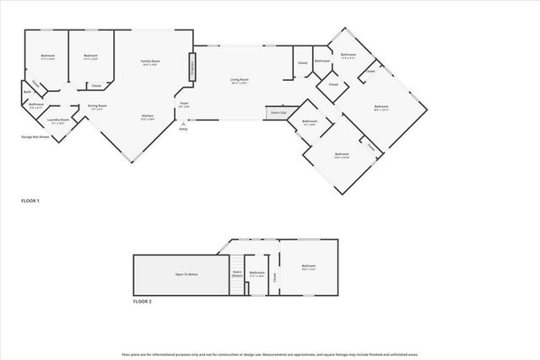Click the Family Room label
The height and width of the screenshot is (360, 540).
[x=150, y=62]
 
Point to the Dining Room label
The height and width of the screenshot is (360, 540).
[x=97, y=106]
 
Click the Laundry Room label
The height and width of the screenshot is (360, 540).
[x=58, y=121]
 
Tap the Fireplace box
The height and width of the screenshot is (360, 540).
[x=192, y=66]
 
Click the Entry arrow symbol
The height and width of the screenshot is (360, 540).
[x=183, y=123]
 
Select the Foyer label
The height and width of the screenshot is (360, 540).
[x=184, y=104]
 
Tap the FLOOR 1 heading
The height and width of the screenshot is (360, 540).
[x=30, y=201]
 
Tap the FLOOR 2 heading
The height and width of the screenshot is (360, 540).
[x=143, y=301]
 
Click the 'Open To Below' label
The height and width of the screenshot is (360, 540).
[x=186, y=274]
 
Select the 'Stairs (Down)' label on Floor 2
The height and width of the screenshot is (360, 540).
[x=237, y=274]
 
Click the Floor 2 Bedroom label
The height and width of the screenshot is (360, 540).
[x=307, y=266]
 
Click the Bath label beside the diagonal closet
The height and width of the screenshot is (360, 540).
[x=28, y=92]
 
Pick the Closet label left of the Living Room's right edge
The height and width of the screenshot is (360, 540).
[x=302, y=63]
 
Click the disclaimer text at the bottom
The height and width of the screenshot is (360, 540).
[x=270, y=354]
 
